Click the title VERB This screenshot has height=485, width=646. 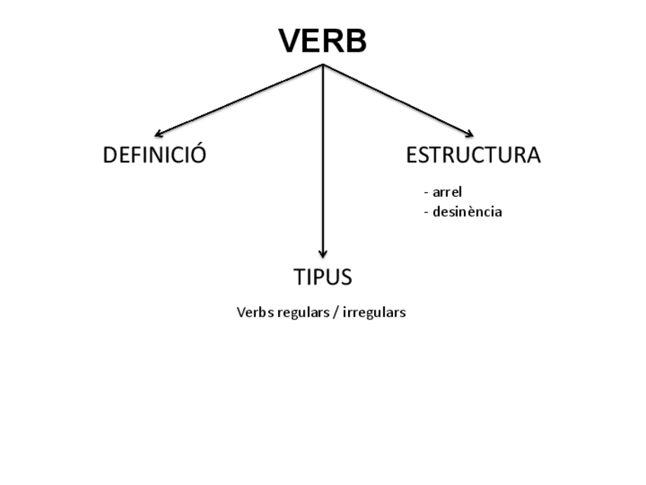tap(322, 41)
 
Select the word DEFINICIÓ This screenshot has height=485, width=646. tap(155, 155)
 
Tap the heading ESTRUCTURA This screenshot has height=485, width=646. tap(473, 155)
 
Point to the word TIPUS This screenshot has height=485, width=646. tap(323, 277)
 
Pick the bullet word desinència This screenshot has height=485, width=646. tap(467, 212)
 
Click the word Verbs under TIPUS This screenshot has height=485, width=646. tap(254, 312)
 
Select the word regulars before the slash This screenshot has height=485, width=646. tap(302, 312)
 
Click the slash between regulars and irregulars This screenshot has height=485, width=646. tap(335, 312)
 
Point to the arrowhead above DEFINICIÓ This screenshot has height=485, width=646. tap(157, 135)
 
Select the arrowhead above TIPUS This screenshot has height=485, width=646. tap(323, 254)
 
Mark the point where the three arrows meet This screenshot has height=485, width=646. tap(323, 65)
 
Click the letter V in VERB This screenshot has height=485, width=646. tap(291, 41)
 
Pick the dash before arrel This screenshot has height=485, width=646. tap(427, 192)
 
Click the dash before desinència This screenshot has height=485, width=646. tap(427, 212)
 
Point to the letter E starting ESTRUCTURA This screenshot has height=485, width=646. tap(412, 155)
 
